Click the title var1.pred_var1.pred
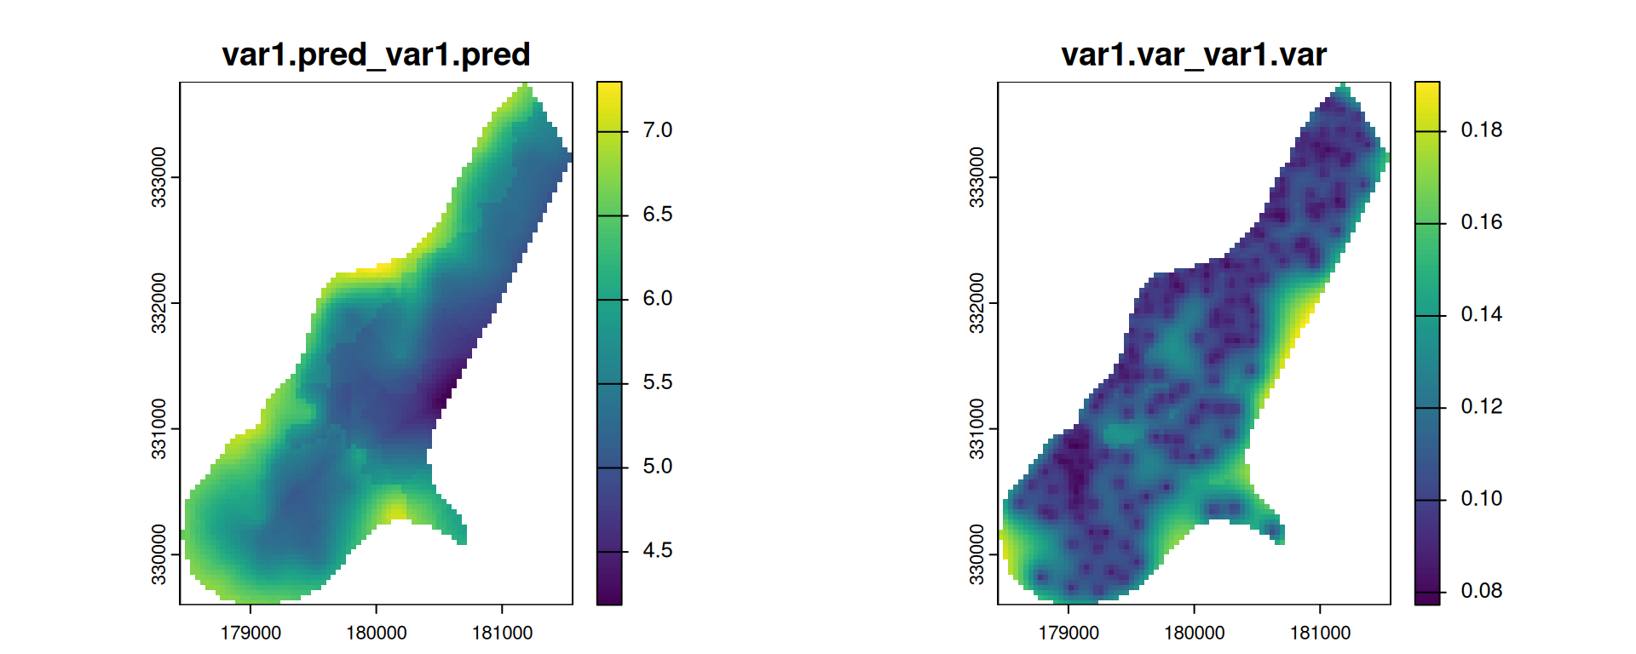pyautogui.click(x=376, y=54)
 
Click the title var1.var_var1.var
pyautogui.click(x=1194, y=54)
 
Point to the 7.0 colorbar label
pyautogui.click(x=657, y=130)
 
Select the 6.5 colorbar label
pyautogui.click(x=657, y=215)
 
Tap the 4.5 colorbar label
pyautogui.click(x=657, y=551)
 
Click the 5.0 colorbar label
pyautogui.click(x=657, y=467)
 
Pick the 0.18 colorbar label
pyautogui.click(x=1481, y=130)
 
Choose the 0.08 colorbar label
pyautogui.click(x=1481, y=591)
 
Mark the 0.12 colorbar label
pyautogui.click(x=1481, y=407)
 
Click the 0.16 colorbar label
pyautogui.click(x=1481, y=222)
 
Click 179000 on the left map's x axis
pyautogui.click(x=251, y=633)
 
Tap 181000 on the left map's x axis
pyautogui.click(x=502, y=633)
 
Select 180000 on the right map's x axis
pyautogui.click(x=1194, y=633)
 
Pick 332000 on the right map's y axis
pyautogui.click(x=977, y=303)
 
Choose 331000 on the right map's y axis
pyautogui.click(x=977, y=428)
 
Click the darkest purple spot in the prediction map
pyautogui.click(x=441, y=397)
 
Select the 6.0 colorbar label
pyautogui.click(x=657, y=299)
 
